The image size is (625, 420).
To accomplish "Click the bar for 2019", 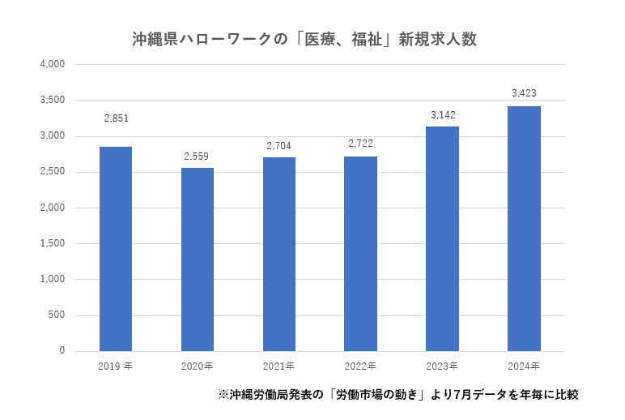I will pyautogui.click(x=116, y=249).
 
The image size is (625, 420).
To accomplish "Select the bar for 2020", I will pyautogui.click(x=198, y=259).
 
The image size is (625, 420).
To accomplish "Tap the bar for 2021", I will pyautogui.click(x=279, y=254).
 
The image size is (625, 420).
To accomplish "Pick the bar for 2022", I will pyautogui.click(x=360, y=254).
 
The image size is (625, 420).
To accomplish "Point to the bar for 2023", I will pyautogui.click(x=442, y=238).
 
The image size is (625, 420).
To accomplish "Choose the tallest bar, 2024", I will pyautogui.click(x=524, y=229).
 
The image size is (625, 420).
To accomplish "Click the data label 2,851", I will pyautogui.click(x=116, y=118).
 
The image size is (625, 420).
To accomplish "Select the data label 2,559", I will pyautogui.click(x=198, y=155).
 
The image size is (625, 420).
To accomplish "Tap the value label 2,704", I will pyautogui.click(x=279, y=145).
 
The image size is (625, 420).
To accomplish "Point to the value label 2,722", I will pyautogui.click(x=360, y=144).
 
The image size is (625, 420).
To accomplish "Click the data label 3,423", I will pyautogui.click(x=524, y=93).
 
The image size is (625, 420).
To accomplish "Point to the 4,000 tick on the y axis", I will pyautogui.click(x=52, y=64).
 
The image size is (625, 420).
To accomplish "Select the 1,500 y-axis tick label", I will pyautogui.click(x=52, y=243).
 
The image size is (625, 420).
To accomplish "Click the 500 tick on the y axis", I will pyautogui.click(x=57, y=315).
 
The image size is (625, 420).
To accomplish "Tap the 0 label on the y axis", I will pyautogui.click(x=62, y=351).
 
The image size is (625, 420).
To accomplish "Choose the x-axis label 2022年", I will pyautogui.click(x=360, y=366).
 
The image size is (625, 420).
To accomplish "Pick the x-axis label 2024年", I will pyautogui.click(x=524, y=366).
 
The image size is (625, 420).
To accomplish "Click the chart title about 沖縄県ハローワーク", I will pyautogui.click(x=304, y=40).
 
